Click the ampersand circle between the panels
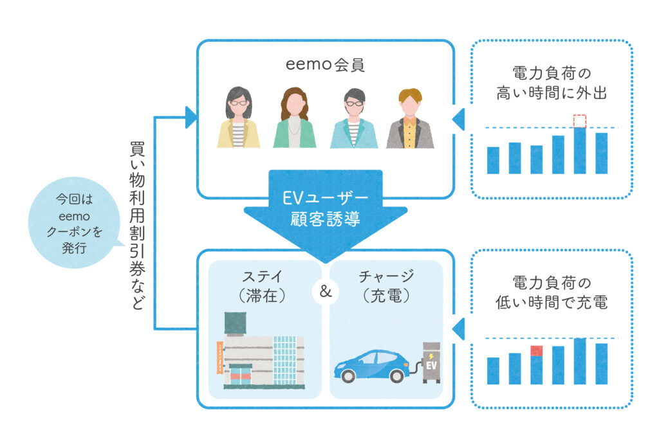tap(325, 292)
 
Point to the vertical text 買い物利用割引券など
tap(136, 225)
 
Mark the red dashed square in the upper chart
tap(580, 121)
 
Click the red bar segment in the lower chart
tap(537, 351)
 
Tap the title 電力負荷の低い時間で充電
tap(552, 292)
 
